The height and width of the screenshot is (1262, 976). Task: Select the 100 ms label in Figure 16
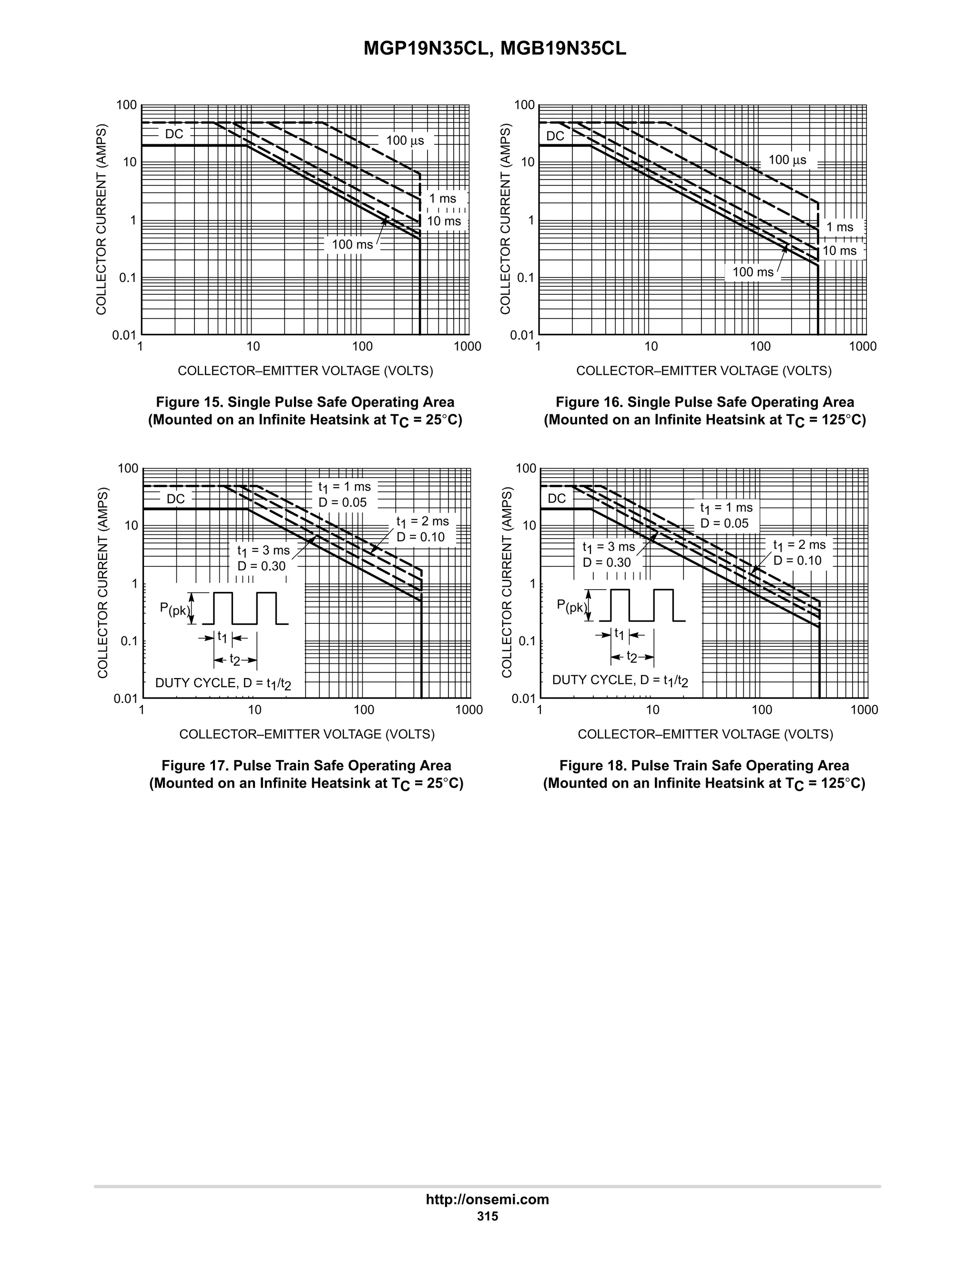pyautogui.click(x=753, y=271)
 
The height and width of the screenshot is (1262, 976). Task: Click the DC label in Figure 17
pyautogui.click(x=176, y=499)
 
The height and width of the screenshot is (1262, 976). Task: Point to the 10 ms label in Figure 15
pyautogui.click(x=444, y=221)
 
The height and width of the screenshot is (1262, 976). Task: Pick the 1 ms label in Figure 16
pyautogui.click(x=840, y=227)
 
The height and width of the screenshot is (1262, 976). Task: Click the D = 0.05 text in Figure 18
pyautogui.click(x=724, y=523)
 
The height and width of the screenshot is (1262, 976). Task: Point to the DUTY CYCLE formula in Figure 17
pyautogui.click(x=223, y=683)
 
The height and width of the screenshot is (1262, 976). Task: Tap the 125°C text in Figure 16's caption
pyautogui.click(x=844, y=420)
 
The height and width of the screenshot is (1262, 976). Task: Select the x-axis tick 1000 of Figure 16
pyautogui.click(x=863, y=347)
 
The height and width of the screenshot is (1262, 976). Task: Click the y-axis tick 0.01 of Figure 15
pyautogui.click(x=124, y=335)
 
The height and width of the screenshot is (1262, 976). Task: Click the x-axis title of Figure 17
pyautogui.click(x=307, y=734)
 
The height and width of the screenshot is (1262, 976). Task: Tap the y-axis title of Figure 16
pyautogui.click(x=506, y=219)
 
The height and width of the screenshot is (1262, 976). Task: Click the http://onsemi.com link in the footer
pyautogui.click(x=488, y=1199)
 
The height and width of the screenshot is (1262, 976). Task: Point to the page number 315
pyautogui.click(x=488, y=1216)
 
